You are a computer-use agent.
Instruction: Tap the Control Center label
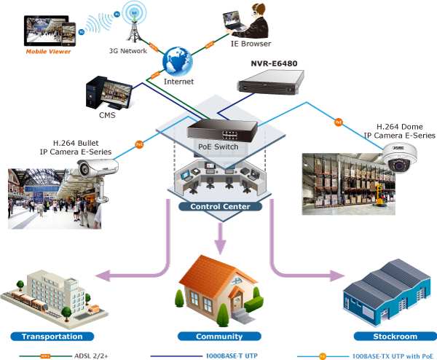220,207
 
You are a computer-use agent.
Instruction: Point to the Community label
219,337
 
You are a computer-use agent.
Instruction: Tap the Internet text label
179,82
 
